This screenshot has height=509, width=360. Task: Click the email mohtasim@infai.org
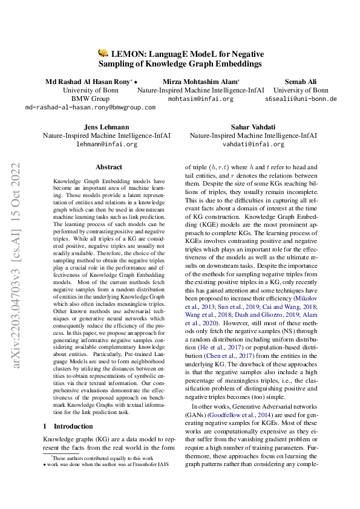(x=200, y=99)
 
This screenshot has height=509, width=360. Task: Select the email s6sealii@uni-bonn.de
(x=301, y=99)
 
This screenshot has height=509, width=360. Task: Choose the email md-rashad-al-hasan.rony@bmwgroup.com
(x=90, y=107)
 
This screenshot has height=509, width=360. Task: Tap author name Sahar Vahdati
(x=252, y=128)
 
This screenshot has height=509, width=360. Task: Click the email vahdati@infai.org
(x=252, y=145)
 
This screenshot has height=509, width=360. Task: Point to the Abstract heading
(x=109, y=167)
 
